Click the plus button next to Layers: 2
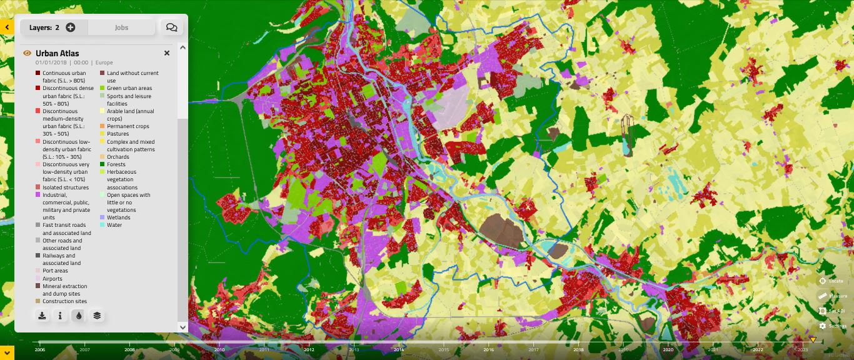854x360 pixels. [x=71, y=27]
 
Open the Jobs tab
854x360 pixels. [x=121, y=27]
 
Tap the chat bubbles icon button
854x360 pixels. [x=172, y=27]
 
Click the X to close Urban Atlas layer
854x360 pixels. [x=167, y=54]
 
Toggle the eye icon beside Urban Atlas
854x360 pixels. [x=27, y=54]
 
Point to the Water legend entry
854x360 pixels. [x=114, y=225]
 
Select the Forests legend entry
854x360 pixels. [x=116, y=164]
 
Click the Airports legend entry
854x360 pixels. [x=53, y=279]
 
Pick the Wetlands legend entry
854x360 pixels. [x=118, y=217]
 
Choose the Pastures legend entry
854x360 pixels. [x=118, y=134]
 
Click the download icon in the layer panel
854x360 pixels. [x=42, y=316]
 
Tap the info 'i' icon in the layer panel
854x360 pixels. [x=60, y=316]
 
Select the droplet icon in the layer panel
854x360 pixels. [x=78, y=316]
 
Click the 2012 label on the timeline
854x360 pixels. [x=309, y=350]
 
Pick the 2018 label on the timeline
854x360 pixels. [x=578, y=350]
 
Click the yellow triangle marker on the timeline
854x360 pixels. [x=813, y=340]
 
